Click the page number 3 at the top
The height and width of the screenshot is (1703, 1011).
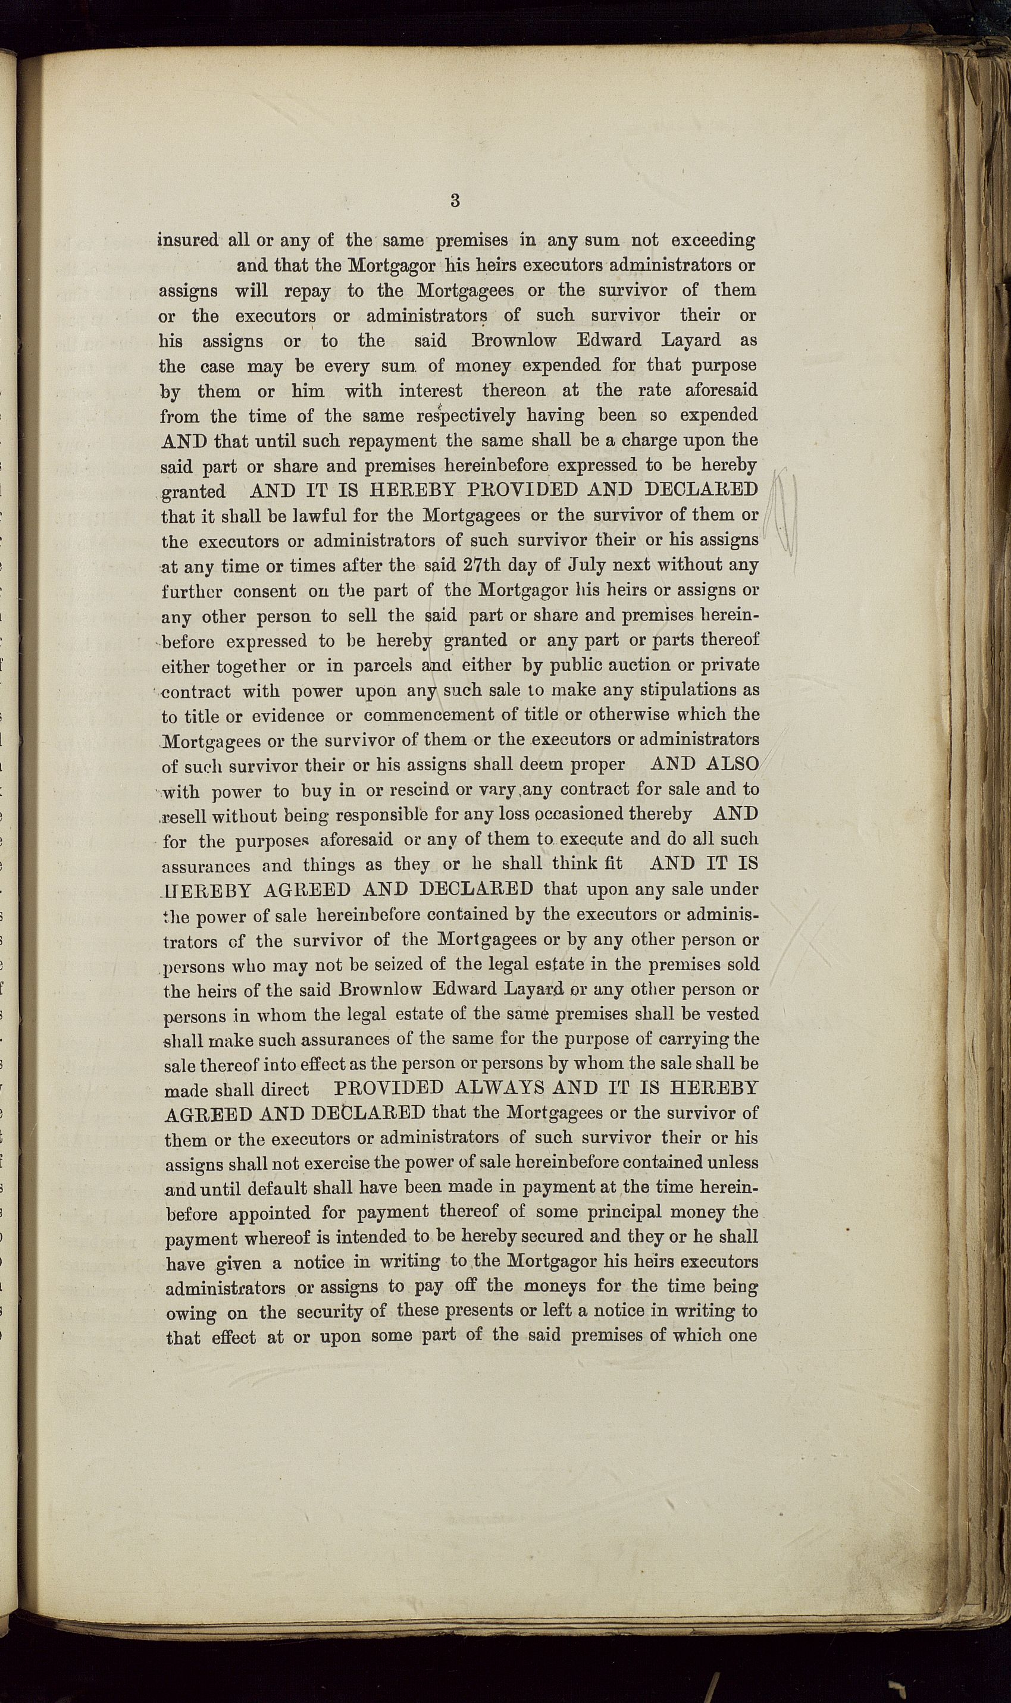[x=455, y=200]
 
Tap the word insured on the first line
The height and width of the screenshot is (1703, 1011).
[x=188, y=240]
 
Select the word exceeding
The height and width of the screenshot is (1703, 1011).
[x=713, y=240]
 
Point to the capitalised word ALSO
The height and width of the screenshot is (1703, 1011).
[x=733, y=764]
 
